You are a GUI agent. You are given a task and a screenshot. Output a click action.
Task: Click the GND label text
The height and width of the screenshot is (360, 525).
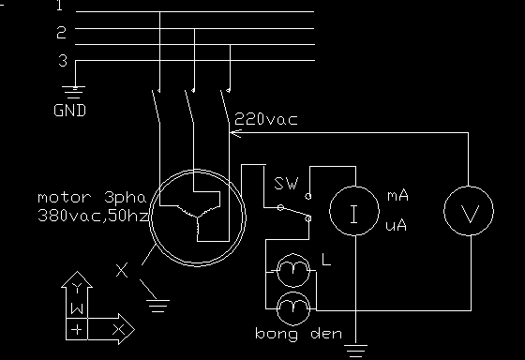pyautogui.click(x=69, y=111)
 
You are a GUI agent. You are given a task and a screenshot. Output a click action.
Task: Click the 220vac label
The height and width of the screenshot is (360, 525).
pyautogui.click(x=266, y=119)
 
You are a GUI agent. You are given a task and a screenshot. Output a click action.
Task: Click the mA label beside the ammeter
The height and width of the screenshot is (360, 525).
pyautogui.click(x=397, y=196)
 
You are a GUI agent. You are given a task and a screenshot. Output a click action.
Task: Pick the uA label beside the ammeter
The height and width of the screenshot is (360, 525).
pyautogui.click(x=396, y=226)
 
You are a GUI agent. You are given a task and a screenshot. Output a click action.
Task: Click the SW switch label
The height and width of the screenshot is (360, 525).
pyautogui.click(x=286, y=184)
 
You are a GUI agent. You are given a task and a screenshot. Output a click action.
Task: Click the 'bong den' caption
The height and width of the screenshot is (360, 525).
pyautogui.click(x=299, y=334)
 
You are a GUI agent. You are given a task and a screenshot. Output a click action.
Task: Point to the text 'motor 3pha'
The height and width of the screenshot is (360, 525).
pyautogui.click(x=93, y=198)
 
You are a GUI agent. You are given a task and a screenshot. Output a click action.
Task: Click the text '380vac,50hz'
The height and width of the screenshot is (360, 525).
pyautogui.click(x=93, y=216)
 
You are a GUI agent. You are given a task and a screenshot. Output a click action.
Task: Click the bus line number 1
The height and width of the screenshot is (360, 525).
pyautogui.click(x=59, y=6)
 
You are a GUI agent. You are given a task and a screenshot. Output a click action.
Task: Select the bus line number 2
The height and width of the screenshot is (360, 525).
pyautogui.click(x=61, y=33)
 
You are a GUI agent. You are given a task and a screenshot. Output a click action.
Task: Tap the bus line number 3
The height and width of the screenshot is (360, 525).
pyautogui.click(x=63, y=61)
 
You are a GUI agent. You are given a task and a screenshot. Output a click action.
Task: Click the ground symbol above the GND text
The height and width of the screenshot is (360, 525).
pyautogui.click(x=74, y=93)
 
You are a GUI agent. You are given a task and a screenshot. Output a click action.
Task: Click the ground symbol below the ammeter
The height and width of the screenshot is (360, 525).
pyautogui.click(x=355, y=352)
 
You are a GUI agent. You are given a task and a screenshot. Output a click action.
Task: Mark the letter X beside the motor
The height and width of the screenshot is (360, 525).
pyautogui.click(x=122, y=271)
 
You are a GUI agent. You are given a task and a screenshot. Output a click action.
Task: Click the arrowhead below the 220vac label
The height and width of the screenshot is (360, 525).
pyautogui.click(x=235, y=133)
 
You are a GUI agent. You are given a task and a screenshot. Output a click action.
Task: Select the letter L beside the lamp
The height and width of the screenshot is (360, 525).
pyautogui.click(x=326, y=260)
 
